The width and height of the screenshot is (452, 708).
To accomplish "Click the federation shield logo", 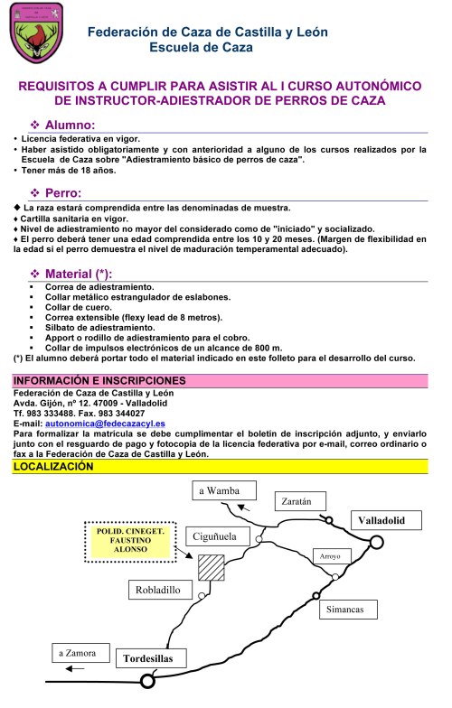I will pos(35,35).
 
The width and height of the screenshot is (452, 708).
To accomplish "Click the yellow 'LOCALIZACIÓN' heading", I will pos(53,467).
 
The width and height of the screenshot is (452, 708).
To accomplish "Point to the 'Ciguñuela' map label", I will pos(214,536).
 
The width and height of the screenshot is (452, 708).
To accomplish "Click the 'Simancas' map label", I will pos(347,610).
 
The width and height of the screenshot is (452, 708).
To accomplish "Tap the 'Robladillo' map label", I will pos(159,592).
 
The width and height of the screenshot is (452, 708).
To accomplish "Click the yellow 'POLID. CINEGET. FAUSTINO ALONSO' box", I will pos(130,541).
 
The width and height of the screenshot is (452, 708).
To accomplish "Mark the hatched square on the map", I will pos(211,567).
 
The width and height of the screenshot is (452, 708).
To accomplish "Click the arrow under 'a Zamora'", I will pos(76,669).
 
